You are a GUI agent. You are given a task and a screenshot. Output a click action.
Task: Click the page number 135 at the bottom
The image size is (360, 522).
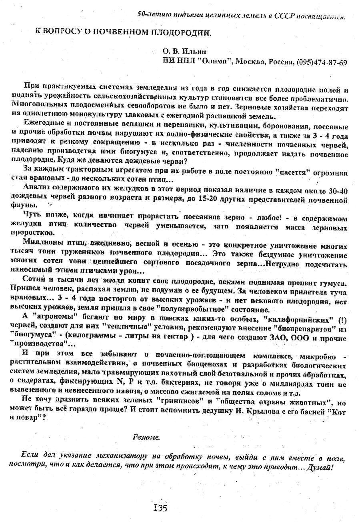click(160, 508)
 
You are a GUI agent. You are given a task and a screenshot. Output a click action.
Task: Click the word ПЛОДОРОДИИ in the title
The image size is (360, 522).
click(180, 33)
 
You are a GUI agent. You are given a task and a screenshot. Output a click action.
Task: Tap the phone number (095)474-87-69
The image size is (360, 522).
click(322, 62)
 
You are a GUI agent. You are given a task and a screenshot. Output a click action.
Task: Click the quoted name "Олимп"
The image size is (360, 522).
click(216, 62)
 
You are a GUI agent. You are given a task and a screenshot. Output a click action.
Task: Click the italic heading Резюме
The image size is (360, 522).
click(146, 437)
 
